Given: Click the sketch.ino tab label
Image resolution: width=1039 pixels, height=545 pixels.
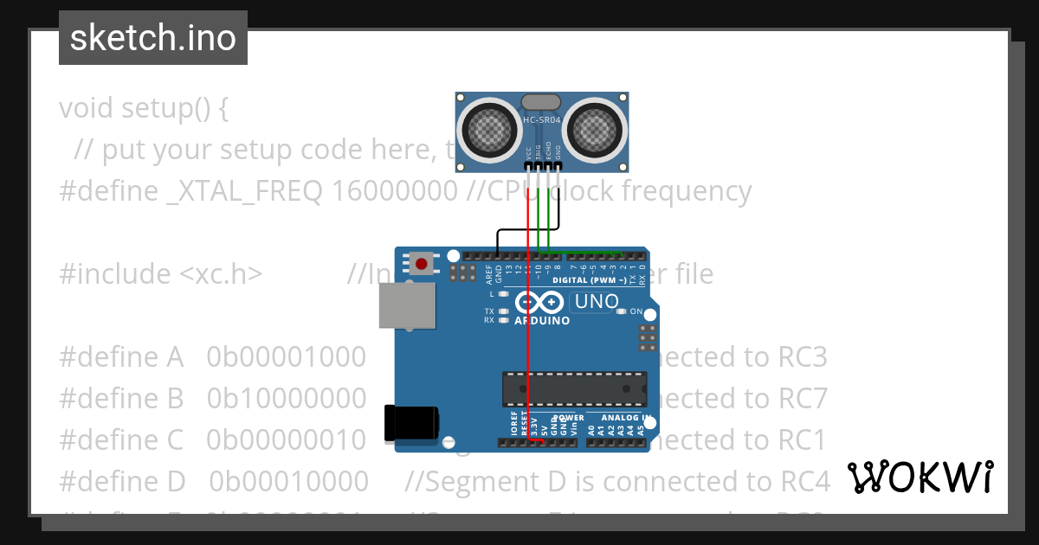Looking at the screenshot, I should pyautogui.click(x=152, y=38).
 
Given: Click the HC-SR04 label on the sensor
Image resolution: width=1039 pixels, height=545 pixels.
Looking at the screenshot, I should pyautogui.click(x=542, y=120).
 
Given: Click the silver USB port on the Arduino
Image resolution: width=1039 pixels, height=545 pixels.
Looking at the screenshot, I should pyautogui.click(x=407, y=306).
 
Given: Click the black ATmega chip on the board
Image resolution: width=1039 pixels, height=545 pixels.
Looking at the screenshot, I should pyautogui.click(x=574, y=388).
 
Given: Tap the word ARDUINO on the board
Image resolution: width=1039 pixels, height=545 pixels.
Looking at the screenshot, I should pyautogui.click(x=542, y=321).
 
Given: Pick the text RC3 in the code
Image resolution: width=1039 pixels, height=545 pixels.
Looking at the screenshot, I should pyautogui.click(x=802, y=356).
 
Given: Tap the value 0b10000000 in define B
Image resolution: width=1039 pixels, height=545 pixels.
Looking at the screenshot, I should pyautogui.click(x=286, y=398).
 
